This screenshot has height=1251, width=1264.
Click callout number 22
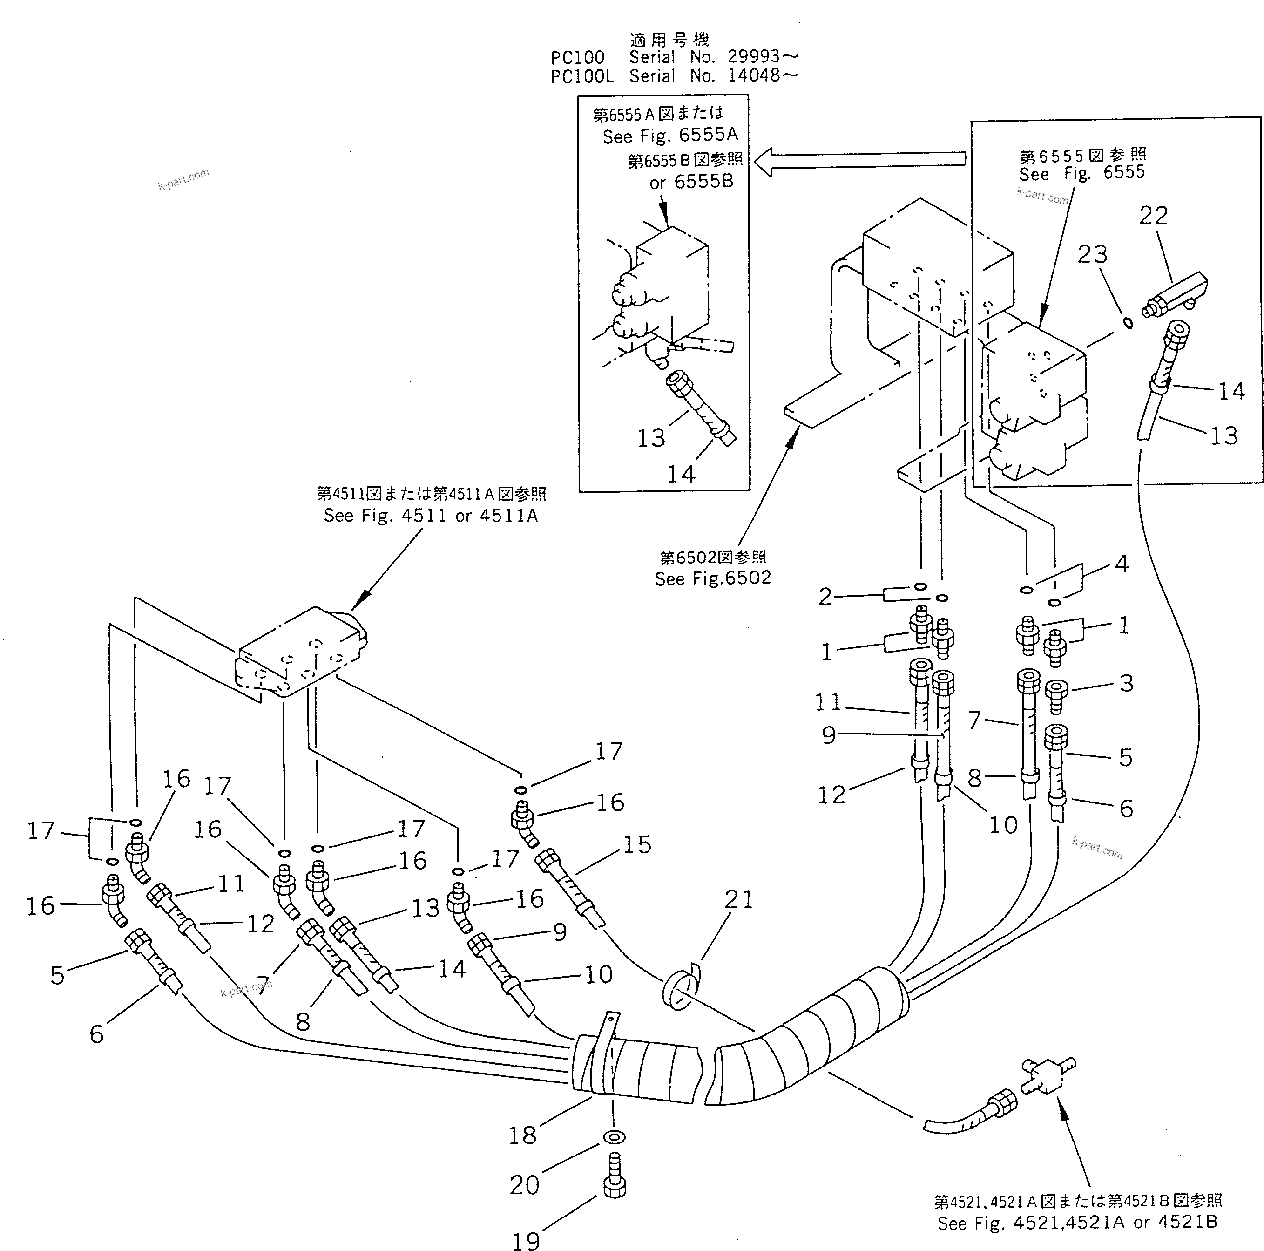click(x=1153, y=215)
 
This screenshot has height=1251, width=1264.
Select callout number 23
click(x=1092, y=255)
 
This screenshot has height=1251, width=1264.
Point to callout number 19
click(x=525, y=1241)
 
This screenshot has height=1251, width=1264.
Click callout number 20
click(x=524, y=1184)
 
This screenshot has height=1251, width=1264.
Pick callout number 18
click(x=522, y=1135)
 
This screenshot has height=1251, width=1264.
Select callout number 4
click(x=1122, y=564)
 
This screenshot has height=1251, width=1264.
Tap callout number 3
click(x=1126, y=683)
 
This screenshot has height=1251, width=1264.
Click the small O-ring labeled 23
click(x=1129, y=323)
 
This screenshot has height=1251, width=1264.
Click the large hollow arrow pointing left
click(x=860, y=161)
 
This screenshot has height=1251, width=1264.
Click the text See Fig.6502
click(x=713, y=578)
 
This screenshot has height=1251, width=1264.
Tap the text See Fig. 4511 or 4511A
click(x=431, y=516)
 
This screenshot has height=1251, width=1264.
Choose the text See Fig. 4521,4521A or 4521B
click(x=1077, y=1223)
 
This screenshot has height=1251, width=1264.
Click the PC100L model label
click(x=581, y=76)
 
